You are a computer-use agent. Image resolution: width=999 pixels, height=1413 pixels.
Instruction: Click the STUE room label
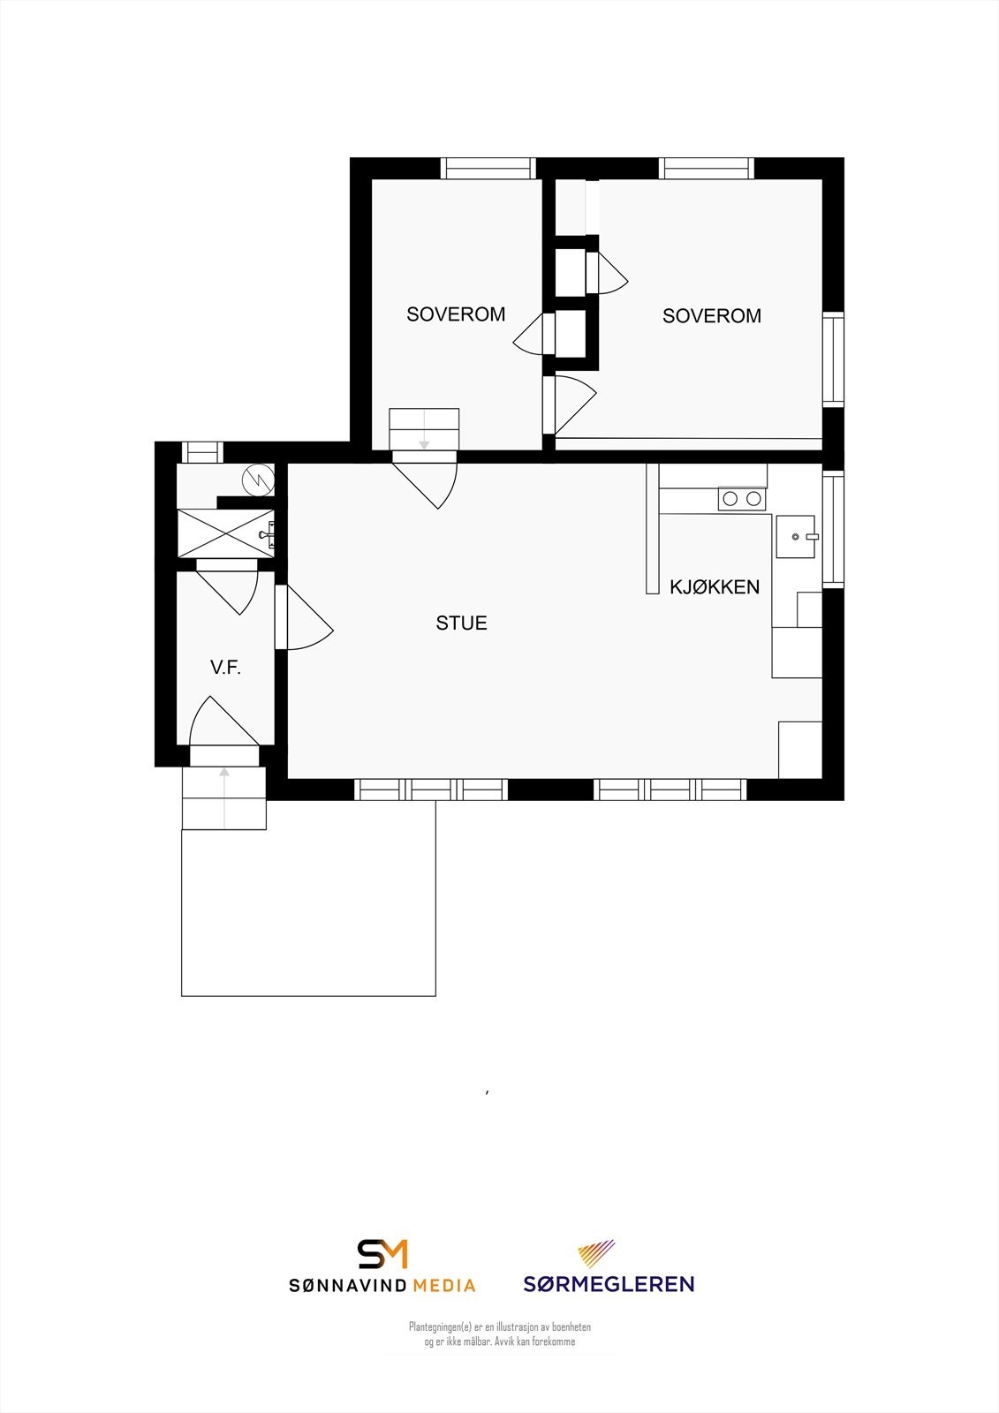click(x=461, y=623)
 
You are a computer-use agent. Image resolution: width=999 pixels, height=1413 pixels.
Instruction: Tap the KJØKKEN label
click(x=715, y=587)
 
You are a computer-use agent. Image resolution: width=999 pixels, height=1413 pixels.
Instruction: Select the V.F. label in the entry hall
click(x=225, y=668)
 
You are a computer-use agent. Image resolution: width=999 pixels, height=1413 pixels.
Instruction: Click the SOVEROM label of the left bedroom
click(x=456, y=314)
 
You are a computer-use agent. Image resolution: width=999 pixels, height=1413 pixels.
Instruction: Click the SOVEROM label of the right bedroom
click(x=712, y=316)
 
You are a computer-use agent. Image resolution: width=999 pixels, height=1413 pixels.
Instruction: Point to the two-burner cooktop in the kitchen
click(x=742, y=499)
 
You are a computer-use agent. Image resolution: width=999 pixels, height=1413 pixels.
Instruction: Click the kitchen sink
click(x=796, y=537)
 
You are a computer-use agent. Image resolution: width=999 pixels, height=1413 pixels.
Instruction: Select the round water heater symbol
click(x=259, y=480)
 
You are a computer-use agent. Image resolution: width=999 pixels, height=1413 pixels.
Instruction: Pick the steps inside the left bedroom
click(x=424, y=429)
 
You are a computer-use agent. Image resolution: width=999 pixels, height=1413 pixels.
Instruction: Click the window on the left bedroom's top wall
click(x=488, y=168)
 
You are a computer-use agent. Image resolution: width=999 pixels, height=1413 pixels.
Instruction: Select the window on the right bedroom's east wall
click(x=833, y=359)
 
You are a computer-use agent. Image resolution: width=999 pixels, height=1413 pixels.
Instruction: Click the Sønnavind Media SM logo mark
click(x=382, y=1254)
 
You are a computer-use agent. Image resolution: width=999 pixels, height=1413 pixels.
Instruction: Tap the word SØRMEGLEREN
click(x=609, y=1284)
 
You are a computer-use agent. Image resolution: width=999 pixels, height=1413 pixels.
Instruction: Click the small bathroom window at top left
click(x=202, y=452)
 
